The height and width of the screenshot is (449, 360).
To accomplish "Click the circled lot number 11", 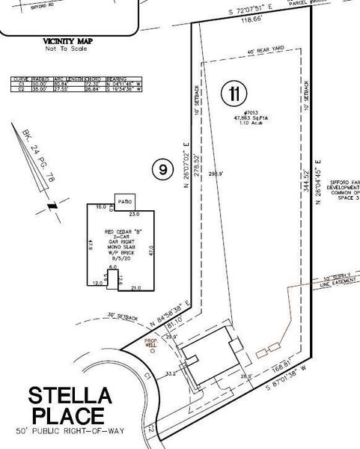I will pyautogui.click(x=234, y=95).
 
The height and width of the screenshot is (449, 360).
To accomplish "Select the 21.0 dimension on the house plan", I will pyautogui.click(x=135, y=288).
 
